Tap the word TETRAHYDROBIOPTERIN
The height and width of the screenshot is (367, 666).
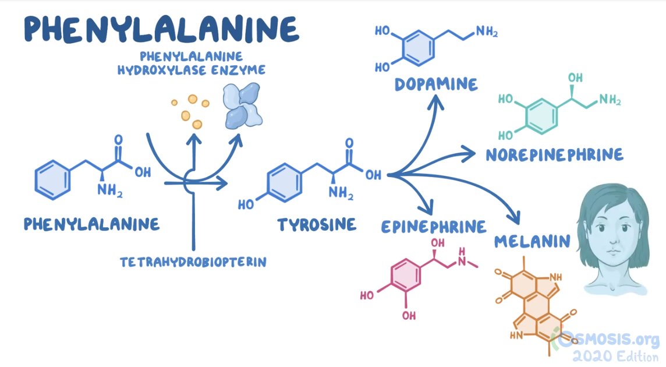click(193, 262)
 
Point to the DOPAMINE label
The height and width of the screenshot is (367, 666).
click(436, 84)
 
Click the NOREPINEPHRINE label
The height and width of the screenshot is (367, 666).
click(554, 154)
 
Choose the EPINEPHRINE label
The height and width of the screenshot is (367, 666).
click(434, 226)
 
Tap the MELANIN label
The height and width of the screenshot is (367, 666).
click(532, 241)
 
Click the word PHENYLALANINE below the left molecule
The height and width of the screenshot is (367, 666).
click(91, 224)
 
